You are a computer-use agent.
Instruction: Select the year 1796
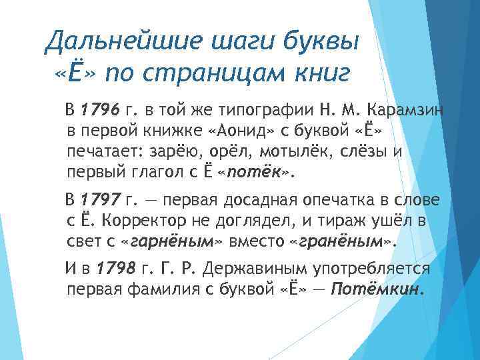point(99,109)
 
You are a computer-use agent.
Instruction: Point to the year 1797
point(99,200)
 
